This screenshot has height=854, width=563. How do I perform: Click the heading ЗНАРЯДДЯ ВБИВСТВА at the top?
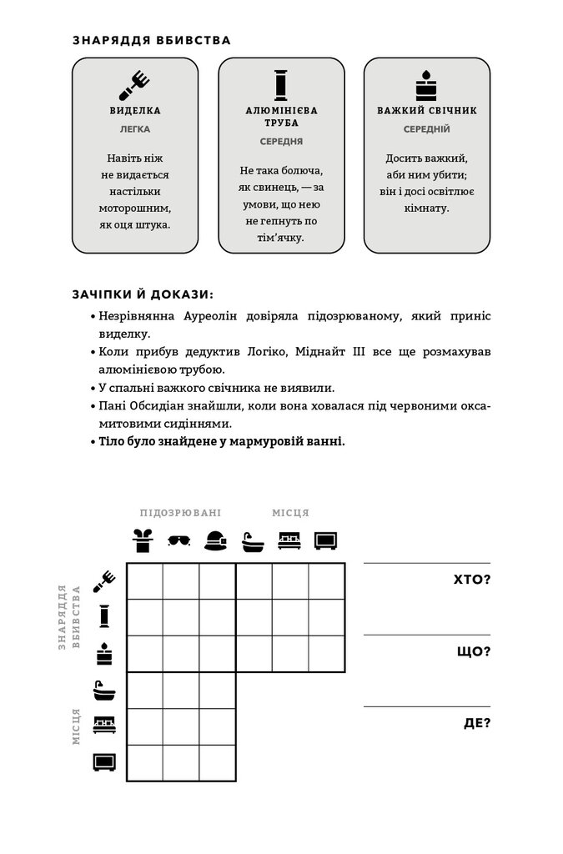coord(151,39)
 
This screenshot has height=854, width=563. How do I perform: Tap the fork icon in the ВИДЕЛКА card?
coord(135,83)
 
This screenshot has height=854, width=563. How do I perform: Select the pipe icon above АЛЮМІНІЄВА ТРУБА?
coord(281,84)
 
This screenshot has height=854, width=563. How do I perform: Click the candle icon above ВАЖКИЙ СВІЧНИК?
coord(426,85)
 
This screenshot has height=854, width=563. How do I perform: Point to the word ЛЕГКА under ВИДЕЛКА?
coord(135,129)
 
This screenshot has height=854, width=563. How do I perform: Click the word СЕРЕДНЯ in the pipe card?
coord(281,141)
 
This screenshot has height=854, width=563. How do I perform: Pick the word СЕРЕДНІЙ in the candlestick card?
coord(427,129)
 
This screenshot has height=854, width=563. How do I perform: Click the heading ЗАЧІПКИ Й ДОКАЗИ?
coord(143,294)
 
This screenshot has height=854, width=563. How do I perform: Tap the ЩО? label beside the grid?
coord(474,651)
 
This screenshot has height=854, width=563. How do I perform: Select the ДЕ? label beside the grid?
coord(477,722)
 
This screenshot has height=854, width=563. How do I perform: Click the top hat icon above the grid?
coord(144,540)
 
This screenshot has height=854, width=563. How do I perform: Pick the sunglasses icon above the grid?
coord(179,540)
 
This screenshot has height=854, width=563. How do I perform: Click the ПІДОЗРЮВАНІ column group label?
coord(180,513)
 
